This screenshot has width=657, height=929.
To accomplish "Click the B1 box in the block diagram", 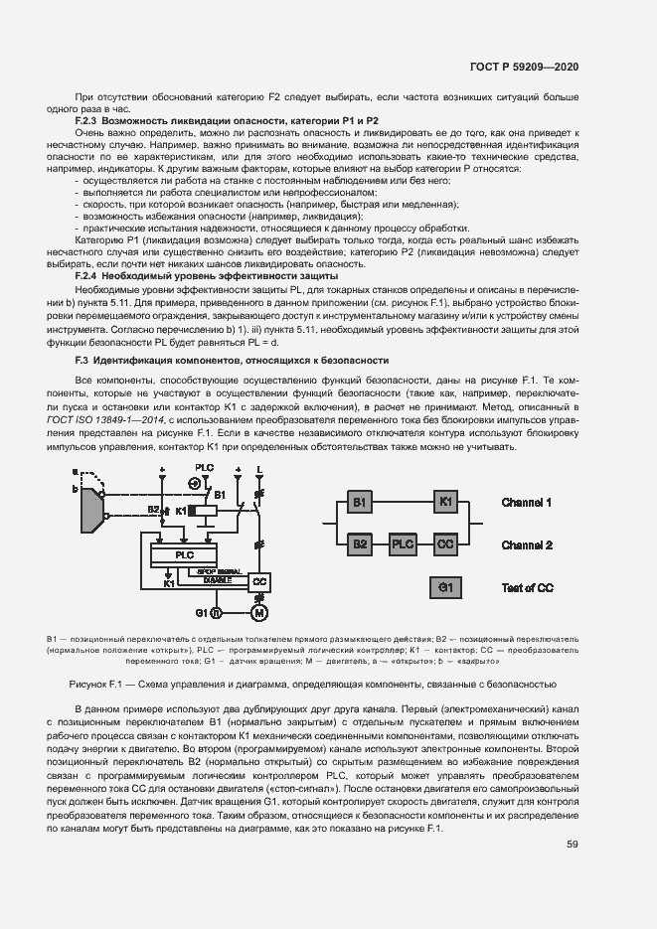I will point(359,503).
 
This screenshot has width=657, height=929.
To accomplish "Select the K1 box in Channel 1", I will point(445,503).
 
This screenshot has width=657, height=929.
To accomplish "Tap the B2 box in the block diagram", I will point(359,544).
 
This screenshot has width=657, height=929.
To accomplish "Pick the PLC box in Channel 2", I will point(403,544).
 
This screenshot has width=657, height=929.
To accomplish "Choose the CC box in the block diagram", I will point(445,544).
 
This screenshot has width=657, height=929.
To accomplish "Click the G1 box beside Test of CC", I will point(445,587).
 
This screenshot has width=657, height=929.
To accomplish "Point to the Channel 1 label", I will point(527,503).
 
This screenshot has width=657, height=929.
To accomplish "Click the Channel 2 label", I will point(527,545).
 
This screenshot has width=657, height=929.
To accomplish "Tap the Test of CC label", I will point(527,588).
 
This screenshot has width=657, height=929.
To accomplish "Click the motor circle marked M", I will point(260,610).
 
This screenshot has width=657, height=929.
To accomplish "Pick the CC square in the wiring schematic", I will point(260,579).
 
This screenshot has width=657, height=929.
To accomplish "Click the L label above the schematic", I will point(260,467).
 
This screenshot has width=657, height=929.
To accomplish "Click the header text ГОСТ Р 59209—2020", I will point(525,67).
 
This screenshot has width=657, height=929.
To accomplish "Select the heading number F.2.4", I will point(90,275).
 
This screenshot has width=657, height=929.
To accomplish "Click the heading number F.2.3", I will point(90,120).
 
